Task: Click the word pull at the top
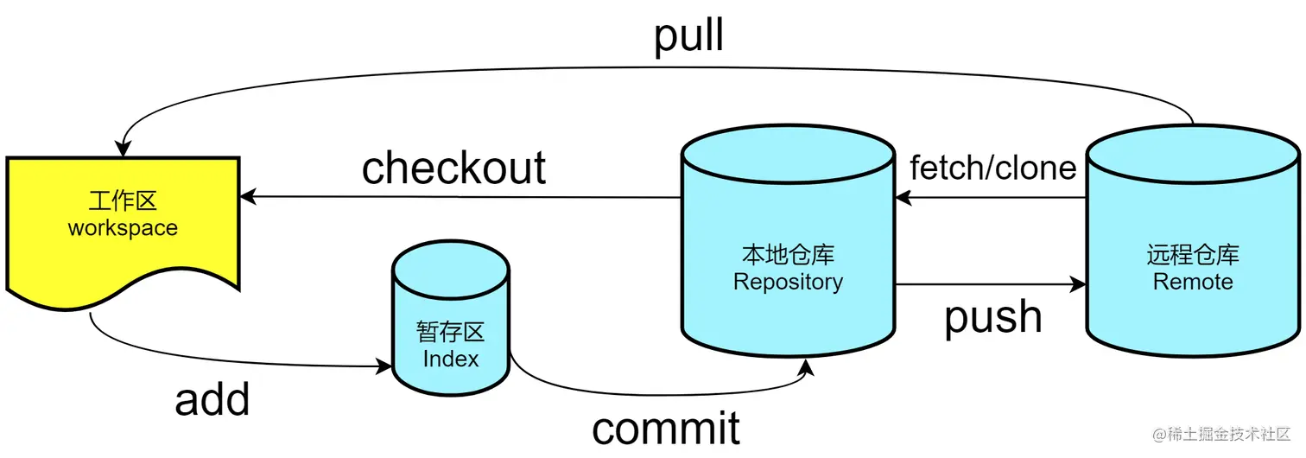pyautogui.click(x=688, y=36)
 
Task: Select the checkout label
pyautogui.click(x=453, y=167)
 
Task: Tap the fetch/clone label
pyautogui.click(x=993, y=168)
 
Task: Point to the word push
pyautogui.click(x=992, y=317)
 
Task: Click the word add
pyautogui.click(x=212, y=399)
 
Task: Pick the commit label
pyautogui.click(x=666, y=427)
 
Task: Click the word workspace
pyautogui.click(x=123, y=229)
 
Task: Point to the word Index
pyautogui.click(x=451, y=359)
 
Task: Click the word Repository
pyautogui.click(x=788, y=282)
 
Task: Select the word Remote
pyautogui.click(x=1193, y=282)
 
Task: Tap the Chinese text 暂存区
pyautogui.click(x=451, y=333)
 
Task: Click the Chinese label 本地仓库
pyautogui.click(x=788, y=255)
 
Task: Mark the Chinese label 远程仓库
pyautogui.click(x=1193, y=255)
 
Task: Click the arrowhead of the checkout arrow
pyautogui.click(x=247, y=197)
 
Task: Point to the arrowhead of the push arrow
pyautogui.click(x=1079, y=283)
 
